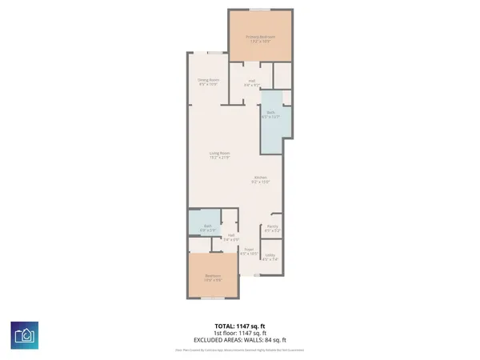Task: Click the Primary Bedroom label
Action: pyautogui.click(x=260, y=37)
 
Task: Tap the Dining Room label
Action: pyautogui.click(x=208, y=79)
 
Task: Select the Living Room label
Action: pyautogui.click(x=220, y=152)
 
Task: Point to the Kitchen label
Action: pyautogui.click(x=261, y=178)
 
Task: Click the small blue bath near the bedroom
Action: pyautogui.click(x=198, y=222)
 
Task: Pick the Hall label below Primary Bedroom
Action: pyautogui.click(x=251, y=80)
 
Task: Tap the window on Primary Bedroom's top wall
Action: pyautogui.click(x=258, y=9)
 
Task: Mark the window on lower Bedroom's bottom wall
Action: pyautogui.click(x=212, y=298)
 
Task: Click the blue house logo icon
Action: pyautogui.click(x=23, y=336)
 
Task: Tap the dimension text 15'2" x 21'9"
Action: pyautogui.click(x=220, y=157)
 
